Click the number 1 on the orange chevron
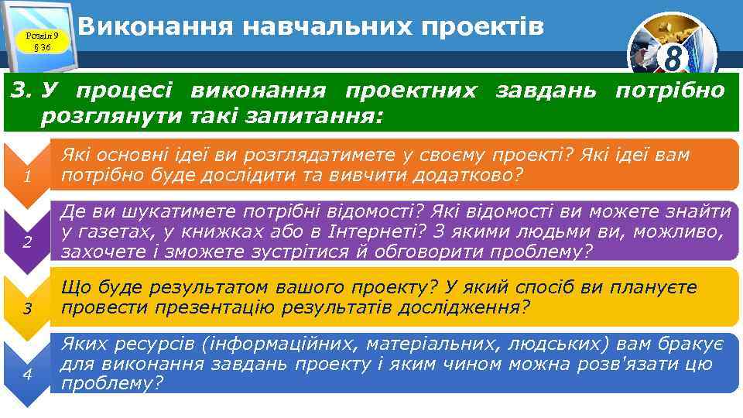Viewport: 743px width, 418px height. [27, 176]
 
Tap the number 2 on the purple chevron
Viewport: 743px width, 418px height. [27, 242]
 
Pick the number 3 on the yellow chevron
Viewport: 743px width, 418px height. [27, 310]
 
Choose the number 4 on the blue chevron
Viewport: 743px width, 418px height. [27, 375]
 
